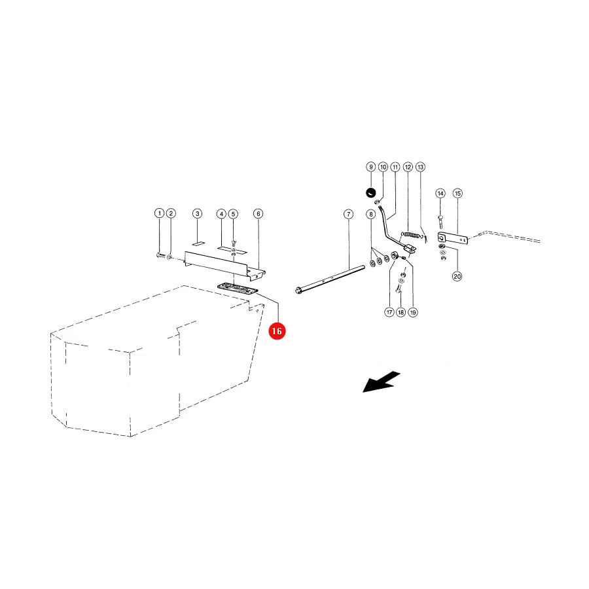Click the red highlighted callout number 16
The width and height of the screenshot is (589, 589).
277,331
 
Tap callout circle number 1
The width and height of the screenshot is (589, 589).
159,213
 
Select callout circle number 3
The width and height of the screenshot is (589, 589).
197,214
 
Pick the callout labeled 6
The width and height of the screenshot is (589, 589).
258,214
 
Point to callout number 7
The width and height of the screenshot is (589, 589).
349,215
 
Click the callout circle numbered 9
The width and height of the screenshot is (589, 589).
371,167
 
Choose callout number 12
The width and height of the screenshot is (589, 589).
408,167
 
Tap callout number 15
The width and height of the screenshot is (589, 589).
457,194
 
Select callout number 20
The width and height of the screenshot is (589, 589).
457,276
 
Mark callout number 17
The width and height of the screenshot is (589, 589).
389,312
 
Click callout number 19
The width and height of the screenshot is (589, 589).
413,312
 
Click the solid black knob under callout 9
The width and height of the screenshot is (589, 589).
371,192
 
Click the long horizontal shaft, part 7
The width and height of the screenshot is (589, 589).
330,278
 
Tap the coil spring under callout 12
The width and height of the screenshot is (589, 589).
410,235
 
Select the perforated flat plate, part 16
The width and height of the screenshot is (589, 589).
238,289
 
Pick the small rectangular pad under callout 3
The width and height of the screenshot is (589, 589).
198,243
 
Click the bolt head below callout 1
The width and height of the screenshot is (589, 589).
160,255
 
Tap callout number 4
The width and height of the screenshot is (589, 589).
222,214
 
